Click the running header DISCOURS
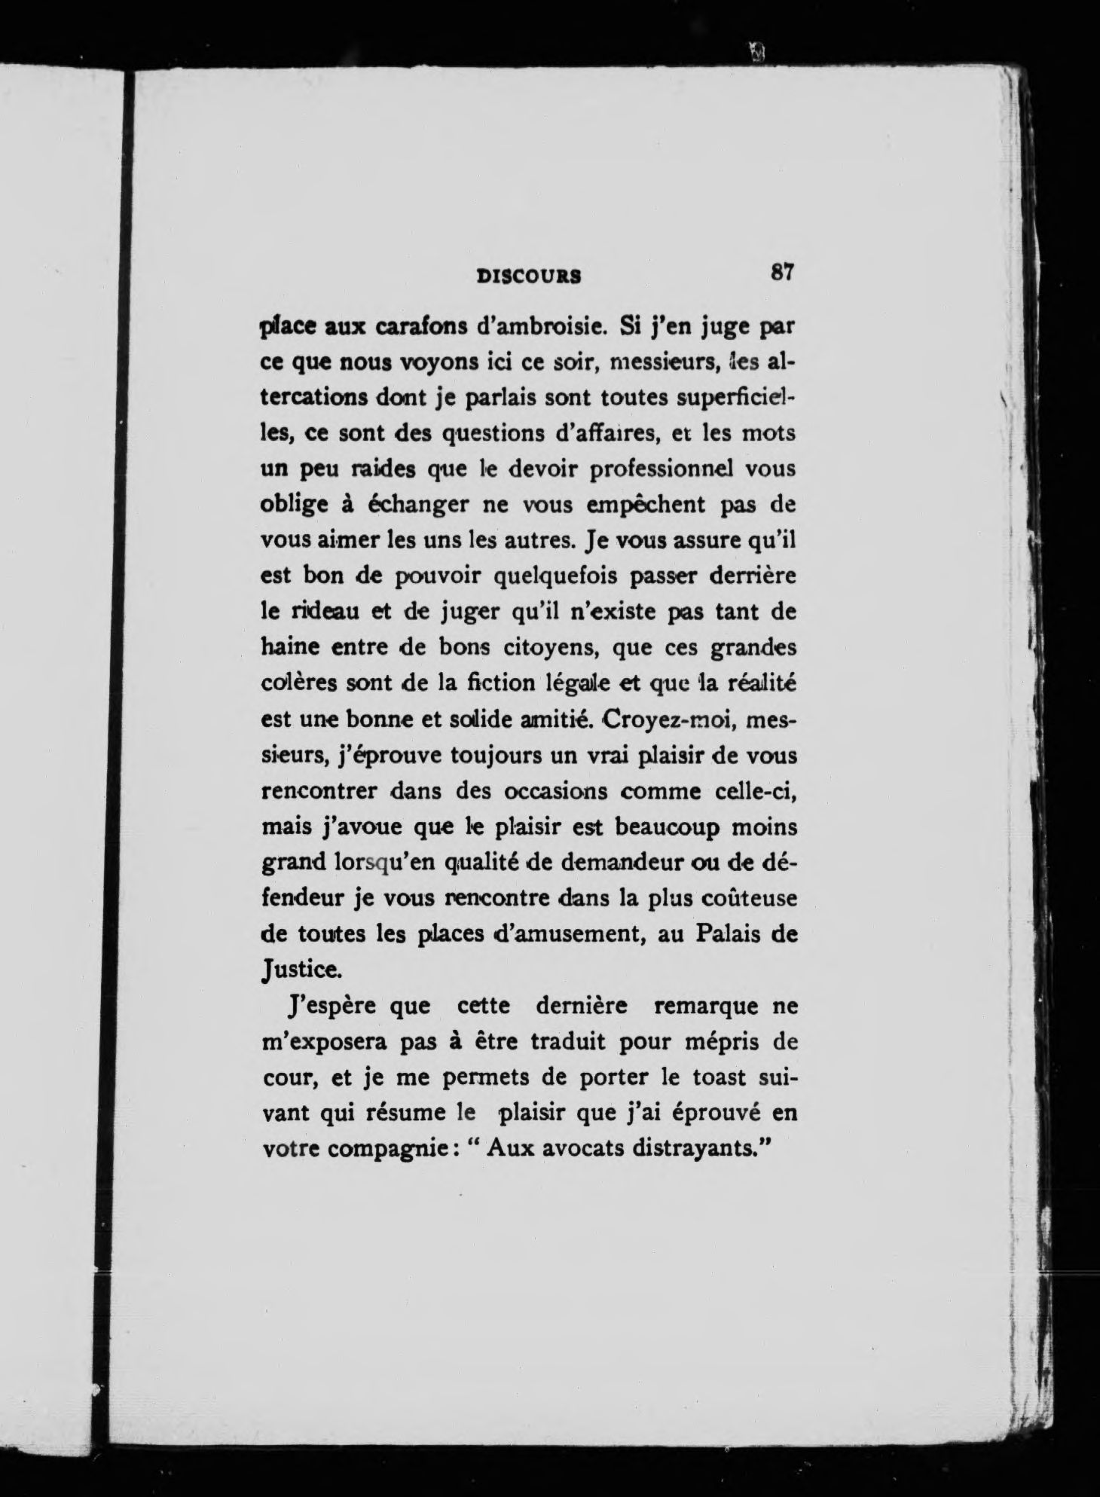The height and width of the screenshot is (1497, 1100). (x=529, y=276)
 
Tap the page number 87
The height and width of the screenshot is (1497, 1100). (x=781, y=272)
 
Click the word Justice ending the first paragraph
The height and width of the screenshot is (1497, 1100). (x=300, y=971)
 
